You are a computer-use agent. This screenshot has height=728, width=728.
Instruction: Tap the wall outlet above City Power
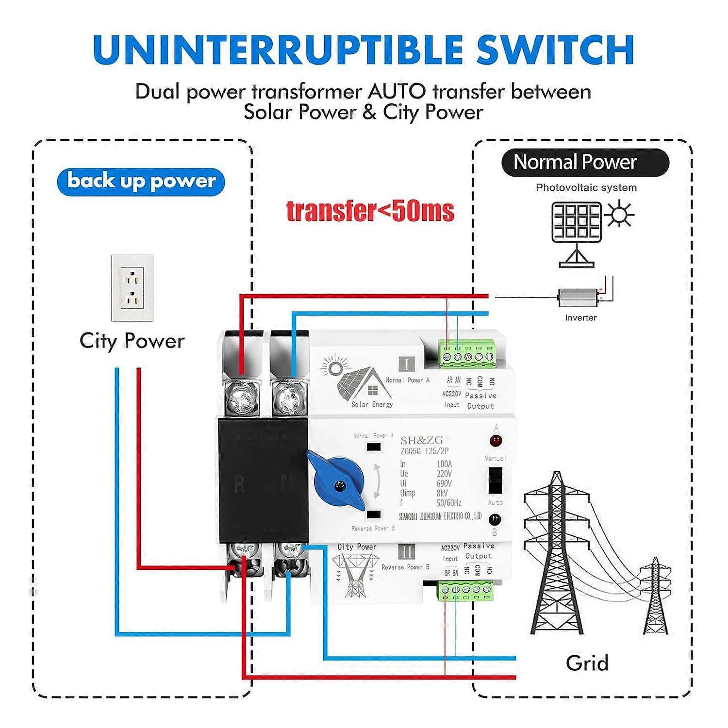(132, 288)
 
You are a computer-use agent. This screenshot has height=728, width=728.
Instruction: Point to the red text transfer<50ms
(370, 211)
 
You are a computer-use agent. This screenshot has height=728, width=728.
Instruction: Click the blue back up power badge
(141, 182)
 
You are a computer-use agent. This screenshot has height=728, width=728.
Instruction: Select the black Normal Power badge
(585, 163)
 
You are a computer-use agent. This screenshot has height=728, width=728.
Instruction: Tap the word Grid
(587, 663)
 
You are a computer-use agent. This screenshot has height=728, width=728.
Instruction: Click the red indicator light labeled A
(496, 441)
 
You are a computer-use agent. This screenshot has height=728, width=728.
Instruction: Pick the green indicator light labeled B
(495, 519)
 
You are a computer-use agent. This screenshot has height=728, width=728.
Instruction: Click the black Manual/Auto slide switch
(495, 480)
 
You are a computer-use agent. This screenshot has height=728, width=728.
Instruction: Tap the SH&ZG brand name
(421, 440)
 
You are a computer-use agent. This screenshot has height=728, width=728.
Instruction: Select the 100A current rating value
(444, 464)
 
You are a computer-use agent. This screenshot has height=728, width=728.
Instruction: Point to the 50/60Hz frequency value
(448, 503)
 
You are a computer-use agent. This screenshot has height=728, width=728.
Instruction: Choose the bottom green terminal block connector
(466, 590)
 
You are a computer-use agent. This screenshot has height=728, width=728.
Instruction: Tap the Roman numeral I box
(406, 364)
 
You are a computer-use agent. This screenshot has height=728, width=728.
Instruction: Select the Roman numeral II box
(406, 552)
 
